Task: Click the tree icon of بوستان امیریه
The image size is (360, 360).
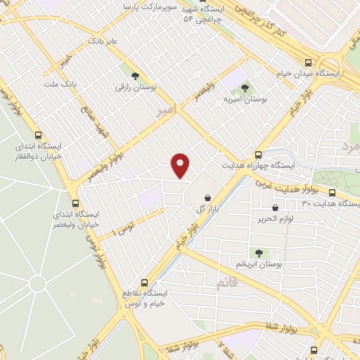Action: coord(245,88)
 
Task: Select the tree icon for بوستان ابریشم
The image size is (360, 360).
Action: coord(258,252)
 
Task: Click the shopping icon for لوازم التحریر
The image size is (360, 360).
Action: coord(274,207)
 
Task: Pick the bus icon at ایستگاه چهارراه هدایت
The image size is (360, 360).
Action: coord(258,154)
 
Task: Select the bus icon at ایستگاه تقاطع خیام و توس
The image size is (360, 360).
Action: coord(146,282)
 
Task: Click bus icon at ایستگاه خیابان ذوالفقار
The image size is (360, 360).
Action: coord(38,136)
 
